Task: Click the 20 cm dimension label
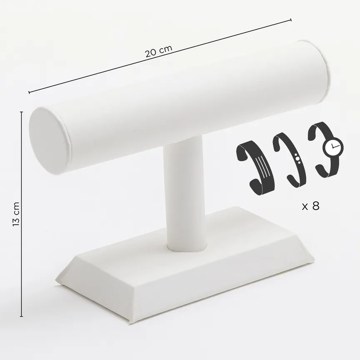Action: point(158,51)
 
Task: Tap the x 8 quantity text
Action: point(310,206)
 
